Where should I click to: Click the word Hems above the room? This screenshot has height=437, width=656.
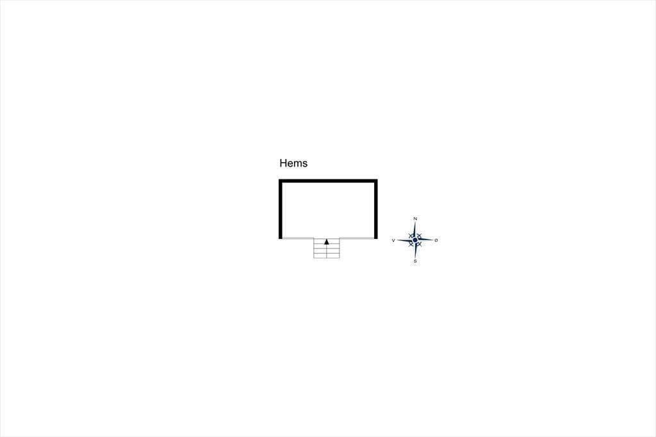pos(293,163)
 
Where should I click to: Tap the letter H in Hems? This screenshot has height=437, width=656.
pos(283,163)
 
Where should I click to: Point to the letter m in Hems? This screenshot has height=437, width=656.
pos(297,164)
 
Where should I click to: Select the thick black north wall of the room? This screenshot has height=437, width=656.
pos(328,181)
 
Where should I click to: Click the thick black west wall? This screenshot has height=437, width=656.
pos(281,210)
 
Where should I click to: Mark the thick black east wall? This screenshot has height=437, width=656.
pos(375,210)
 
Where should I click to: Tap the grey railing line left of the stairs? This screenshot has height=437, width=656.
pos(298,238)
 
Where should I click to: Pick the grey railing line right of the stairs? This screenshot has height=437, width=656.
pos(357,238)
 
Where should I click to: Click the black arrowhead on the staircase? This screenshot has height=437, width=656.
pos(327,242)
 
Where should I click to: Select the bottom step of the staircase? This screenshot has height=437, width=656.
pos(327,256)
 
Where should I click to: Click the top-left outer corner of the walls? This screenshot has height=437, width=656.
pos(279,179)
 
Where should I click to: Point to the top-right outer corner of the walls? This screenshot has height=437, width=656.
pos(377,179)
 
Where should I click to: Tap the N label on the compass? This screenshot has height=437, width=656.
pos(415,218)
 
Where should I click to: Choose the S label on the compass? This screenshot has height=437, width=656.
pos(415,261)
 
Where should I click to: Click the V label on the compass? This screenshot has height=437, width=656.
pos(393,240)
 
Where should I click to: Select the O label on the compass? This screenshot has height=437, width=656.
pos(436,240)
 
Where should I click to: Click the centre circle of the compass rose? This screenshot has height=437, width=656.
pos(415,240)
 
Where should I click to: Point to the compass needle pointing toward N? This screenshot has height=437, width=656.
pos(414,229)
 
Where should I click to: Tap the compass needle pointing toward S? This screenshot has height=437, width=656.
pos(415,251)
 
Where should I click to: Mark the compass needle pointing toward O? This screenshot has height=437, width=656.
pos(425,240)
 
